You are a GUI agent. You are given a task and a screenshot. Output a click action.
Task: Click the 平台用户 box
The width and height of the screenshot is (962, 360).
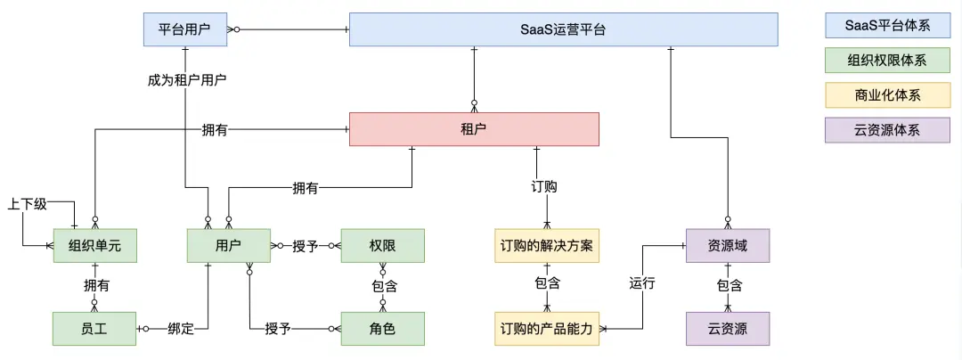pos(185,29)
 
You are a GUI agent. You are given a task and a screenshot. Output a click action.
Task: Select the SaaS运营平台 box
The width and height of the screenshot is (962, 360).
pos(563,29)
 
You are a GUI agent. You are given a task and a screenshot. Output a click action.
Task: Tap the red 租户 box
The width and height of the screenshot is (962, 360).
pos(474,129)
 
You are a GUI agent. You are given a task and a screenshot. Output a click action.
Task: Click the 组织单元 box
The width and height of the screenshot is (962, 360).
pos(94,246)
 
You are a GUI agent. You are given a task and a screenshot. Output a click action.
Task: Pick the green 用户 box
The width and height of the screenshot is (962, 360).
pos(228,246)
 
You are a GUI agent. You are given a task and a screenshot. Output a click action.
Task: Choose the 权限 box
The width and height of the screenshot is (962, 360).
pos(382,246)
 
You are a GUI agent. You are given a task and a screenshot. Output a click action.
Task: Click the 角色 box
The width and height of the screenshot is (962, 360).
pos(382,329)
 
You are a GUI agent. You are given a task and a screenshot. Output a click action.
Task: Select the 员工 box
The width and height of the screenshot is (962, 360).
pos(94,329)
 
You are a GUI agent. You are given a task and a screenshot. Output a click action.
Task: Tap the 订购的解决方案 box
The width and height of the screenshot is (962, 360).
pos(547,246)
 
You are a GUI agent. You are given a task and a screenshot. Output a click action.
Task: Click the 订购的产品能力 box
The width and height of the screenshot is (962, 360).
pos(547,329)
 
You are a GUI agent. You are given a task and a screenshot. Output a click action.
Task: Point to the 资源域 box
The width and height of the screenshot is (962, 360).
pos(728,246)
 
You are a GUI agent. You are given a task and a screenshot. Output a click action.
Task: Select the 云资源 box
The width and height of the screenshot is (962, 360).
pos(728,329)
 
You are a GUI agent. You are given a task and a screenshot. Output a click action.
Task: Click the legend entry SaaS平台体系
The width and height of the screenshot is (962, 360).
pos(887,26)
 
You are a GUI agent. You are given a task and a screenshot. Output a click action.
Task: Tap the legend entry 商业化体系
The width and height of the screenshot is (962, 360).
pos(887,95)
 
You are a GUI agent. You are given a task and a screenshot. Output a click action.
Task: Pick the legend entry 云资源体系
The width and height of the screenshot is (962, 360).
pos(887,129)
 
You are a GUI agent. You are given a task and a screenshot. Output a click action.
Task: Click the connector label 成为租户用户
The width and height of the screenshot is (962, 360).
pos(187,79)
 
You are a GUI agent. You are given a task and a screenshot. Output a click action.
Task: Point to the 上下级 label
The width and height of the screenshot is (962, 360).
pos(27,204)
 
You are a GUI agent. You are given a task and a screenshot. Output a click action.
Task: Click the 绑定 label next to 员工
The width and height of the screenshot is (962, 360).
pos(181,329)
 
